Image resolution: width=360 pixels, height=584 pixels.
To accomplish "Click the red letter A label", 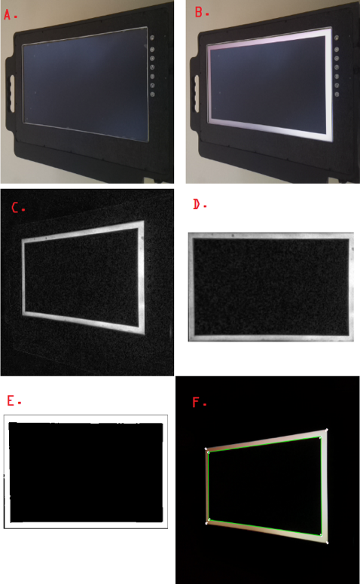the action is pos(8,14).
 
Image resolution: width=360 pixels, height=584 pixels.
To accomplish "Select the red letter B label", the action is pos(199,12).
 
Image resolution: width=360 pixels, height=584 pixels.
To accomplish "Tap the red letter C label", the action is pos(15,208).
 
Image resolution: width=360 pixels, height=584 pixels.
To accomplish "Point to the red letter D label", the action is pos(197,204).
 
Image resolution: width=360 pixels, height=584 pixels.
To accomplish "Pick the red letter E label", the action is pos(11,401).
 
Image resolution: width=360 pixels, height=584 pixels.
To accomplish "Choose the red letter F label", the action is pos(196,402).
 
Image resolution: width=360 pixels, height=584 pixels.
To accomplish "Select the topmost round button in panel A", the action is pos(152,38).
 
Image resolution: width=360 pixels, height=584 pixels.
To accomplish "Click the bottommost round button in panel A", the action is pos(152,94).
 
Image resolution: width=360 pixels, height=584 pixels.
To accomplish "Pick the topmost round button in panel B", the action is pos(337,38).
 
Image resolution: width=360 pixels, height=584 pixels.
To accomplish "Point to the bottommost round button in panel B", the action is pos(337,94).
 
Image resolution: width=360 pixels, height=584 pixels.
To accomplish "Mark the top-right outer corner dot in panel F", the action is pos(327,430).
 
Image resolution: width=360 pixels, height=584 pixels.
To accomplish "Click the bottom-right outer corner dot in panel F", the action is pos(327,543).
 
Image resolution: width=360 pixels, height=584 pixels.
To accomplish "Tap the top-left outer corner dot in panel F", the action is pos(206,449).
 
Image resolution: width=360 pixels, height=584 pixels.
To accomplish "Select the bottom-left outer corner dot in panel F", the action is pos(206,523).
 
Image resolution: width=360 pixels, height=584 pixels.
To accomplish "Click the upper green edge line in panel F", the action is pos(264,445).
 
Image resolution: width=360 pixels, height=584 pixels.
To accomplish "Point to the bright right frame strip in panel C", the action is pos(142,278).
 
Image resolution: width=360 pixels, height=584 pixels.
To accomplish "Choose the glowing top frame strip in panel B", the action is pos(269,38).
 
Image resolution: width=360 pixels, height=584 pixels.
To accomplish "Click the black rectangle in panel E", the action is pos(86,473).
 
